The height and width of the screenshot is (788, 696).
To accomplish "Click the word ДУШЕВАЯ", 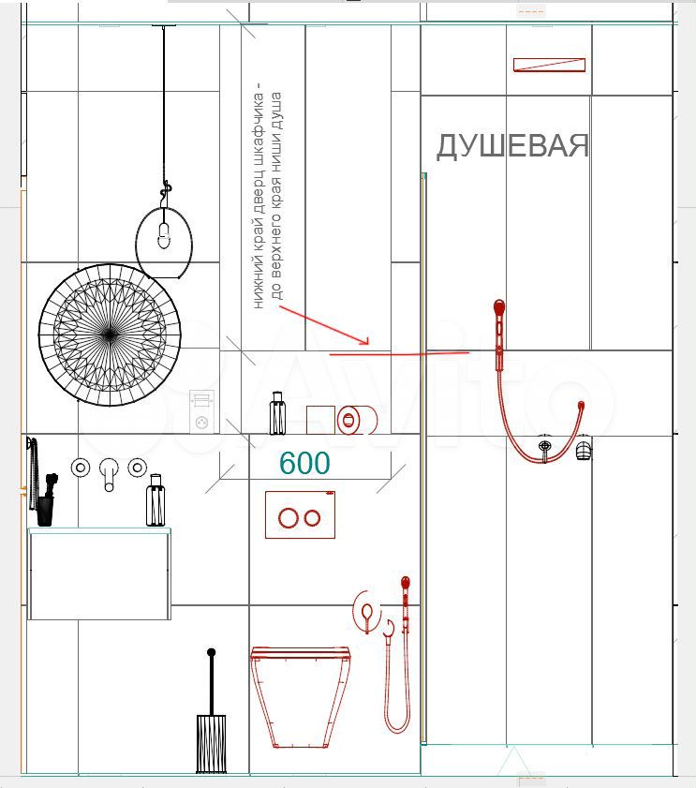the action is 512,146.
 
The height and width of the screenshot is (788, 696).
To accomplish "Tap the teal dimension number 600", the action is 304,463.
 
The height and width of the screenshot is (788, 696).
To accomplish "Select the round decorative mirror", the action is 110,335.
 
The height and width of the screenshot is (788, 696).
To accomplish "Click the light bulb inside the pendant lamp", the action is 163,235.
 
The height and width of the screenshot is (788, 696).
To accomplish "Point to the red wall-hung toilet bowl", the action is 301,697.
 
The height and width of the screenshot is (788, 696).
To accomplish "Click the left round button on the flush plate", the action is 289,518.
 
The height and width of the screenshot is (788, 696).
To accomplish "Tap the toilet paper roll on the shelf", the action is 357,420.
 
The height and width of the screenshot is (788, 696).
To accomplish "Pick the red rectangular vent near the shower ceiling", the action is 549,65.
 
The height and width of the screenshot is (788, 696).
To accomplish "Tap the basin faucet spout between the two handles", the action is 109,474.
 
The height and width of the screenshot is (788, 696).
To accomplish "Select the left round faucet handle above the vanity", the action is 81,468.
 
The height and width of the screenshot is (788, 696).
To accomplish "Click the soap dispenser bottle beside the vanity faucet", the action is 155,500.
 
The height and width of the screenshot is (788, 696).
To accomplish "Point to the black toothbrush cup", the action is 45,511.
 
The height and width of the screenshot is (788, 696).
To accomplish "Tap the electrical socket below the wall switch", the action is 202,424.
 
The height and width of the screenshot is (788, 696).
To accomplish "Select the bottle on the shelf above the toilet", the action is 277,413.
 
